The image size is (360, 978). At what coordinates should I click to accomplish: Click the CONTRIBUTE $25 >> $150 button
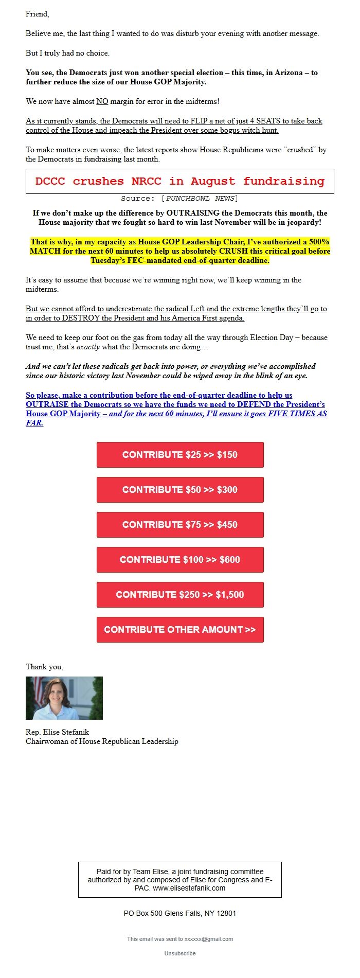(180, 455)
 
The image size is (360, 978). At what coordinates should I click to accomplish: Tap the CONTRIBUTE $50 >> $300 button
(180, 490)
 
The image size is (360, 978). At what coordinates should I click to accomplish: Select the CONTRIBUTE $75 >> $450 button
(180, 525)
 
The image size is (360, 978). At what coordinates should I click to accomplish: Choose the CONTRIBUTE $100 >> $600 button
(180, 560)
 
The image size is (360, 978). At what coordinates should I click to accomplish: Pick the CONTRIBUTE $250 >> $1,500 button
(180, 595)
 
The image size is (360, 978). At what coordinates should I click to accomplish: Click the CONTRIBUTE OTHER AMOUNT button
(180, 630)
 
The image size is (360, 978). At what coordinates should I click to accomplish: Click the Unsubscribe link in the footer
(180, 953)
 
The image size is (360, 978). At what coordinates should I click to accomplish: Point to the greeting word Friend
(37, 14)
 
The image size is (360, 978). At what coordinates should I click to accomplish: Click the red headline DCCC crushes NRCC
(179, 181)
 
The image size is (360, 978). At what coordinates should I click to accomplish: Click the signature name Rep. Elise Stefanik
(57, 732)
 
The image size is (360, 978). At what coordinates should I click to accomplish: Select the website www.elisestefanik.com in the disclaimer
(189, 888)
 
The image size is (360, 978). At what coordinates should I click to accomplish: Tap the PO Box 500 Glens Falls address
(180, 913)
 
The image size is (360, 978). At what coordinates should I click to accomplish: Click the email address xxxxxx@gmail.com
(208, 939)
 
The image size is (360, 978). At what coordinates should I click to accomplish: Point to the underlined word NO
(102, 101)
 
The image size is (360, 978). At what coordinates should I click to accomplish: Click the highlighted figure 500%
(319, 242)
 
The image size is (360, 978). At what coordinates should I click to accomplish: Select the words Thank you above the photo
(44, 667)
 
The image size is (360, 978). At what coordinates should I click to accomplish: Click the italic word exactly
(88, 347)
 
